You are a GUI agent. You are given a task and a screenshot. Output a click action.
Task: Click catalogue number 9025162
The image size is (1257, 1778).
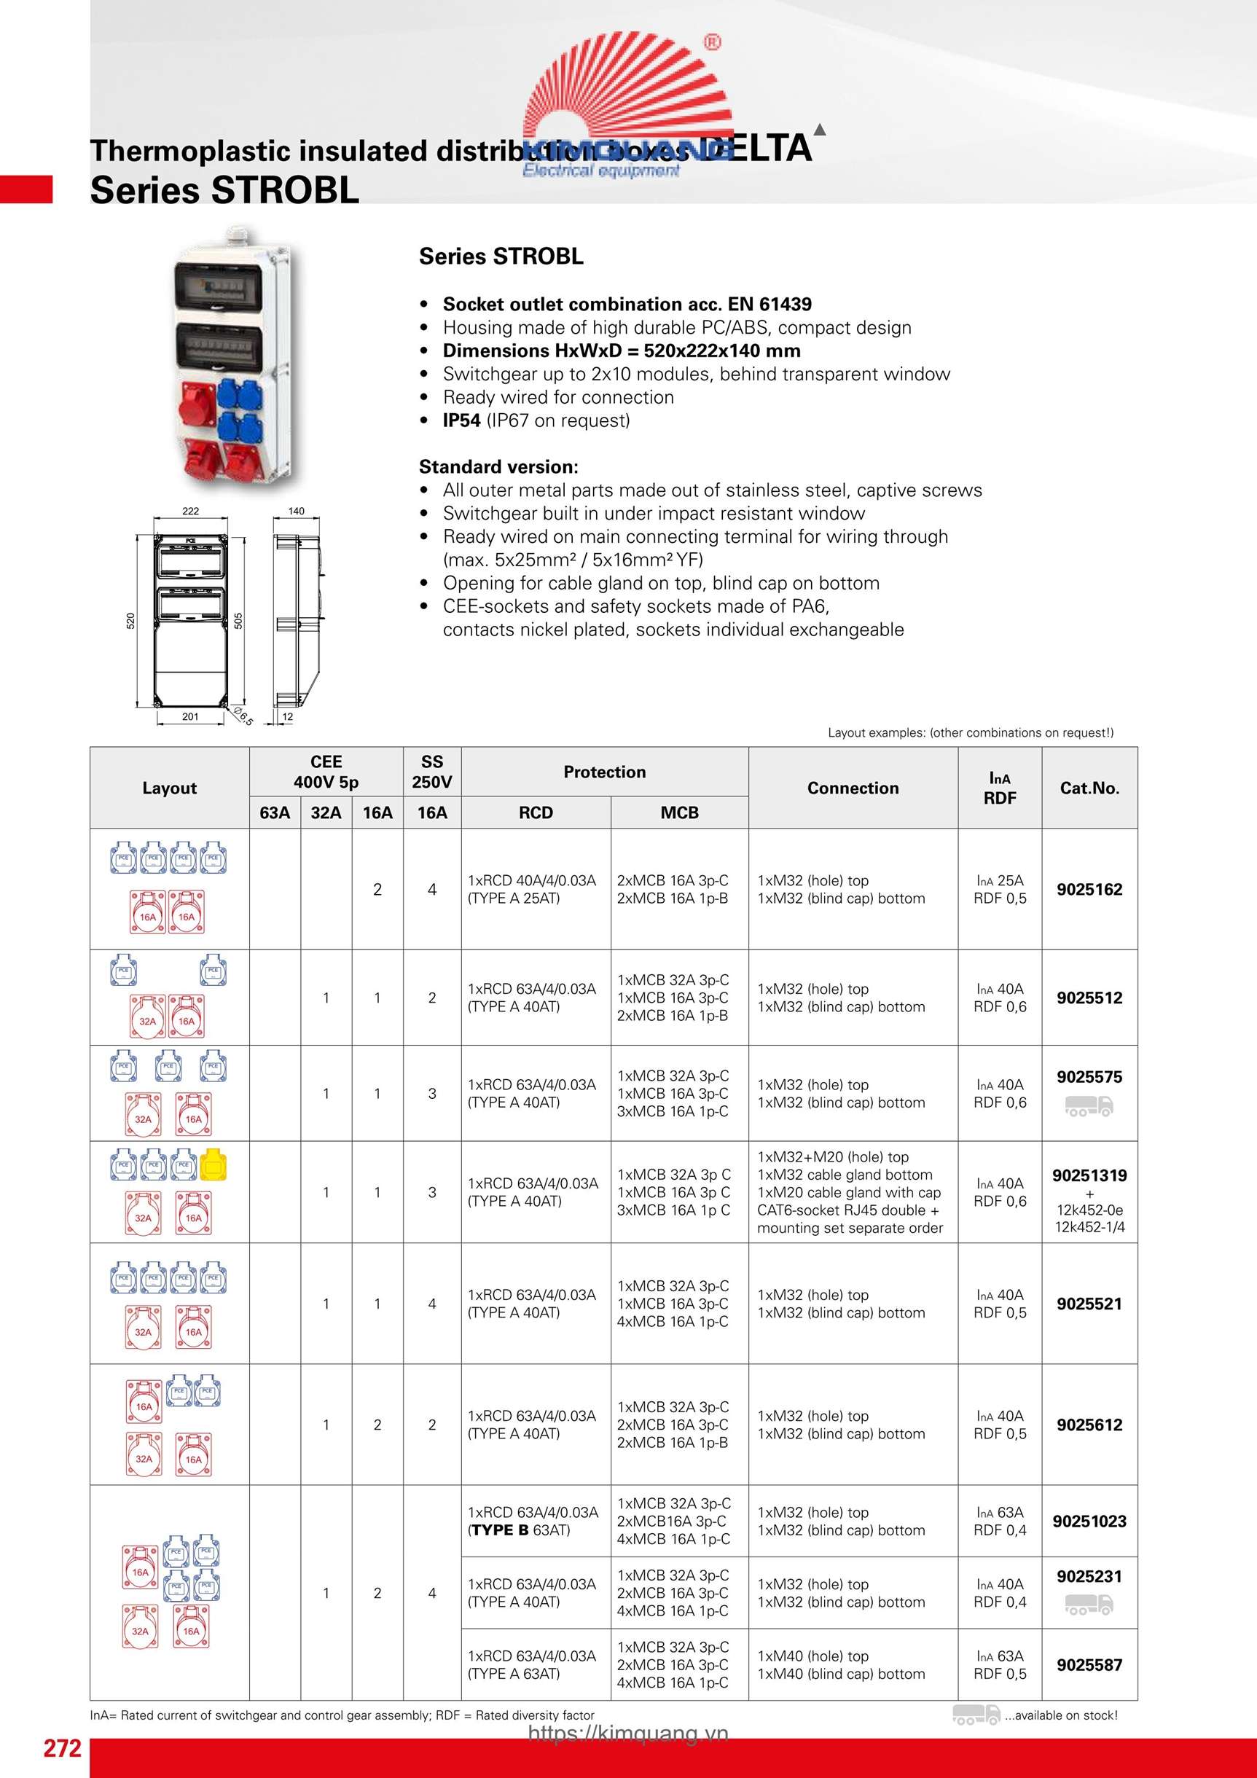[x=1089, y=889]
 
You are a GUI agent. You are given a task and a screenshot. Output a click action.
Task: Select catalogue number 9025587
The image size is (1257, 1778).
[x=1089, y=1664]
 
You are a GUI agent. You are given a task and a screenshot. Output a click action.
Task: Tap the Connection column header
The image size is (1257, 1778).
[x=853, y=788]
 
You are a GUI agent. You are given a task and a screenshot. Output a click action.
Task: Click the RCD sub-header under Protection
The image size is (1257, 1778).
[x=535, y=812]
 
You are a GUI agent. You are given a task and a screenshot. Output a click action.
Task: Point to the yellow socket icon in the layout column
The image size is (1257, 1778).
[x=213, y=1164]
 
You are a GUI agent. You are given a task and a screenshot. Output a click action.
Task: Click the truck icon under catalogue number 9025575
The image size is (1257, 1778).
[x=1089, y=1107]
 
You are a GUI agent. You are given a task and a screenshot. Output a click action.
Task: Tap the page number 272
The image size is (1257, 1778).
[x=62, y=1748]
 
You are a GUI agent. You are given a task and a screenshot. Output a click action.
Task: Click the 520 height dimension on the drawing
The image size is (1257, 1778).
[x=131, y=620]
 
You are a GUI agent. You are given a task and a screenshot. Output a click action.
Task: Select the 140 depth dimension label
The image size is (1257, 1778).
[x=296, y=511]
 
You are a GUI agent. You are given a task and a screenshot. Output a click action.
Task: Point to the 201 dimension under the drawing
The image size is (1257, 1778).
[x=190, y=716]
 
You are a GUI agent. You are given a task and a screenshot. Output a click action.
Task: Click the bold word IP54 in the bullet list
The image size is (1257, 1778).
[x=461, y=420]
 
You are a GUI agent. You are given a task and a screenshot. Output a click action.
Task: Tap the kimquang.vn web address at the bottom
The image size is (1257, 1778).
[x=628, y=1733]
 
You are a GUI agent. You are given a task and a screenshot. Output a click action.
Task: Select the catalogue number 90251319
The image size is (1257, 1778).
[x=1089, y=1175]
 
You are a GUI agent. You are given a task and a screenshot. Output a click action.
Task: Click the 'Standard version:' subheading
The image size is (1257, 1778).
[x=498, y=467]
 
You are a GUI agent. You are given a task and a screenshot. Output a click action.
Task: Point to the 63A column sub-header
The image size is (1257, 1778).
[x=274, y=812]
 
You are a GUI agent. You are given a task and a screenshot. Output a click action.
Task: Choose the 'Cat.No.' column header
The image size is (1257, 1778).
[x=1089, y=788]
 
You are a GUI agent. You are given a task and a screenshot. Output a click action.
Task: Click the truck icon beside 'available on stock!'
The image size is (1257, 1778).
[x=975, y=1715]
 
